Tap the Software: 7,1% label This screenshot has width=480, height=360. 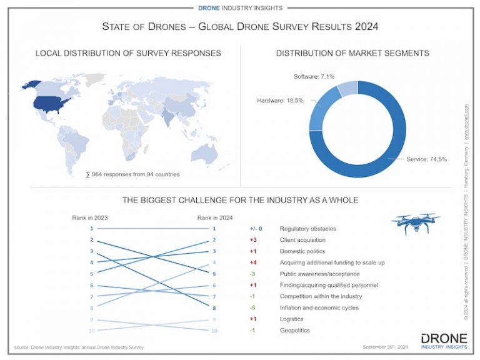[x=314, y=77]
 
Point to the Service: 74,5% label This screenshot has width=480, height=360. [x=427, y=159]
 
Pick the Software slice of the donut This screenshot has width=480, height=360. [x=347, y=89]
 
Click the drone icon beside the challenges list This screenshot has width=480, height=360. [x=415, y=222]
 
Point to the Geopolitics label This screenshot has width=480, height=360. [x=296, y=330]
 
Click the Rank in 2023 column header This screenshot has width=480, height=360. [x=91, y=217]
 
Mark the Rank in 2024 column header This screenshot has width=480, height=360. [x=214, y=217]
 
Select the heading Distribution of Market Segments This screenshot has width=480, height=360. [x=352, y=53]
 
